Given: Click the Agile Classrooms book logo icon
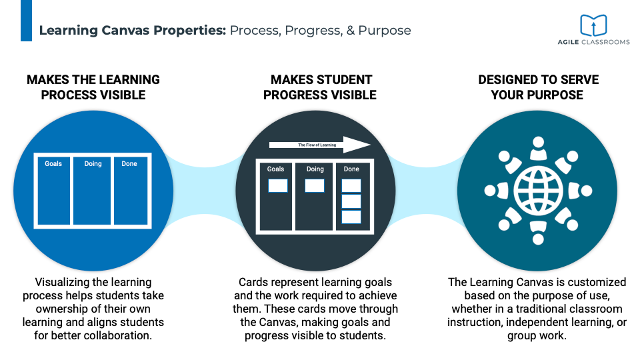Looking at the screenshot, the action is (593, 25).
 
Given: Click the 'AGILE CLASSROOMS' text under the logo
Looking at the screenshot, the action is (593, 42).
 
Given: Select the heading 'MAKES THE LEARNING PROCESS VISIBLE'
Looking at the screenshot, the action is (93, 87).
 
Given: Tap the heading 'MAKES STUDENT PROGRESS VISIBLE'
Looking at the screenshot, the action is (320, 87).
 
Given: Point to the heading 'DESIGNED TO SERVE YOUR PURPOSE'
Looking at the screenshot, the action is (538, 87).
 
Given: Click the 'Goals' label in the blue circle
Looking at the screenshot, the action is (53, 164).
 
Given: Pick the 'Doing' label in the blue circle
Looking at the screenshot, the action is (93, 164).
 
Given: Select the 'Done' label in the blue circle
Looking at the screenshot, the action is (129, 164).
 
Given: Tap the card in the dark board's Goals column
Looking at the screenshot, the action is (278, 186).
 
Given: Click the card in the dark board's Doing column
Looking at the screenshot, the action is (315, 186).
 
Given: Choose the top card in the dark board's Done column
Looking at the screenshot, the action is (351, 186).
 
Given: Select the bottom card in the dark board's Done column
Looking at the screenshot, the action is (351, 217).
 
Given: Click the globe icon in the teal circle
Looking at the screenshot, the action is (537, 190).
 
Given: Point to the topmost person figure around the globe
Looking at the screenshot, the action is (537, 150).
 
